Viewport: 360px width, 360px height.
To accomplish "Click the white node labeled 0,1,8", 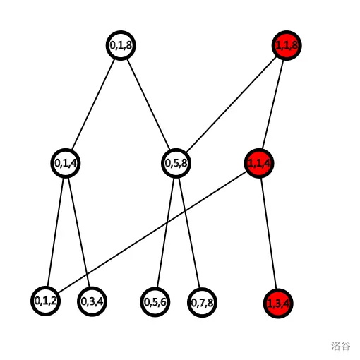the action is (121, 45).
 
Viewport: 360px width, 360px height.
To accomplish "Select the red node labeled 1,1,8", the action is (287, 45).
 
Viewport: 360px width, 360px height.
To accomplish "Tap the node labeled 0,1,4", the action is (66, 163).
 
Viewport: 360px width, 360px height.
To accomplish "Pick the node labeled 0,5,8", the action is (176, 163).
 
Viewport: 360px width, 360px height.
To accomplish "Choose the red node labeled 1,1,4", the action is (259, 163).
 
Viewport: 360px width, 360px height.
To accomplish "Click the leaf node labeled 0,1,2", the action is (45, 301).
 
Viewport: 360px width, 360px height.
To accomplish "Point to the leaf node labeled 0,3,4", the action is (92, 301).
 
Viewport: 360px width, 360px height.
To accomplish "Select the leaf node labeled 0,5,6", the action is (155, 302).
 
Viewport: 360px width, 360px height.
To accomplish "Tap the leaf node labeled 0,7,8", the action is (202, 303).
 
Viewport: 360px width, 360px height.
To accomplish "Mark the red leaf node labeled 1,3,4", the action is (278, 304).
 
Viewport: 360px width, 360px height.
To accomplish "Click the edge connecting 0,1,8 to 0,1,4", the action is (93, 104).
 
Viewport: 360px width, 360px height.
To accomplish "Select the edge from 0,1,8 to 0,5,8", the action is (148, 104).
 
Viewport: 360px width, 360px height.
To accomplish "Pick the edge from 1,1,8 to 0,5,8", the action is (231, 104).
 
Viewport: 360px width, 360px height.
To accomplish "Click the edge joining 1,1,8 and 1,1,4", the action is (272, 104).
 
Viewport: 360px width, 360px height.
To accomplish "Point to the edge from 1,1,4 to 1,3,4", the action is (268, 234).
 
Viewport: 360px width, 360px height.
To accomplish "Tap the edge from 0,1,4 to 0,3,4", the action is (79, 232).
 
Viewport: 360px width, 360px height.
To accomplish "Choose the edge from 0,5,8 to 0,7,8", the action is (189, 233).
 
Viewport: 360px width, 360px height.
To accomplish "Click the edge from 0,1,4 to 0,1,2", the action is (56, 232).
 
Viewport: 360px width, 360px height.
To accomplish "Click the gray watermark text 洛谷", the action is (341, 346).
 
